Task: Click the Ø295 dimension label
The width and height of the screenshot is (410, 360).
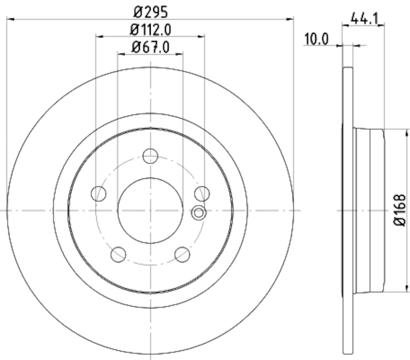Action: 150,11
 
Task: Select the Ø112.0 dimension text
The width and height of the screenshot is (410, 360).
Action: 150,30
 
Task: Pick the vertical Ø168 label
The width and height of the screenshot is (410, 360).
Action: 400,210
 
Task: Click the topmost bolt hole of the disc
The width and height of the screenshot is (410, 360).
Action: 150,156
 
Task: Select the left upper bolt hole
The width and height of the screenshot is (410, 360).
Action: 98,193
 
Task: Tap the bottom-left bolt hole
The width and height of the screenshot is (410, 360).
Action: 118,253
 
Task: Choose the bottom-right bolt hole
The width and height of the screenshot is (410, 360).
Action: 182,253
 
